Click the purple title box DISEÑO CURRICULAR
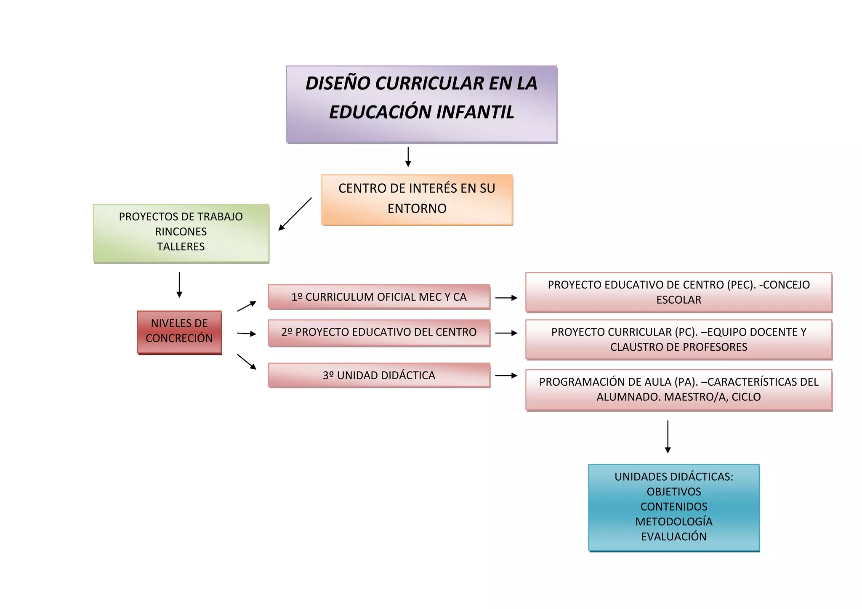[x=421, y=104]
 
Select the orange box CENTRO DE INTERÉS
[x=417, y=200]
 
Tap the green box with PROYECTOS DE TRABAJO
[x=181, y=233]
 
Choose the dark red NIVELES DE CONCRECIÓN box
[x=179, y=332]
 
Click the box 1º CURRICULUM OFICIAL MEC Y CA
[x=379, y=297]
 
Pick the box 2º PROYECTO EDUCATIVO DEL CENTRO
[x=379, y=332]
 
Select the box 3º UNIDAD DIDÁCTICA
[x=379, y=375]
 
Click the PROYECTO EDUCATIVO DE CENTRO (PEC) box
[x=678, y=292]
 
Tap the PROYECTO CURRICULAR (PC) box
[x=678, y=339]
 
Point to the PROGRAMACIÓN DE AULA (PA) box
[x=678, y=389]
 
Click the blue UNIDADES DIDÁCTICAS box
[x=673, y=507]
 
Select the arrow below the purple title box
[x=408, y=157]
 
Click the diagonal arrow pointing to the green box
[x=295, y=214]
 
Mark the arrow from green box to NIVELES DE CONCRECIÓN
[x=179, y=285]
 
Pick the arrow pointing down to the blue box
[x=668, y=437]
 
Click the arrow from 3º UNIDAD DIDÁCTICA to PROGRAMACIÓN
[x=506, y=376]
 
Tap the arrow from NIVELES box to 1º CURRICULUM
[x=247, y=306]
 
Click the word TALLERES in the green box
[x=181, y=247]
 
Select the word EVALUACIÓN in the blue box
[x=673, y=537]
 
